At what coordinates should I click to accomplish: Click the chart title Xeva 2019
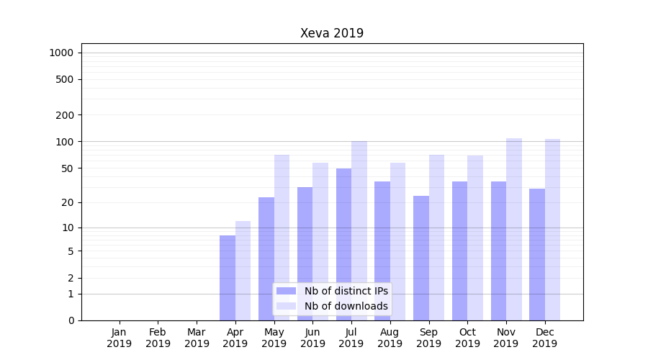point(331,34)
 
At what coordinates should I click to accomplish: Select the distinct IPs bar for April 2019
point(228,278)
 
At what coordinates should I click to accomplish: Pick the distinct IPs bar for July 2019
point(343,244)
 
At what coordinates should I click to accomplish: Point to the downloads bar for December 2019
point(552,230)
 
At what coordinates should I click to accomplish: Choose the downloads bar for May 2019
point(282,238)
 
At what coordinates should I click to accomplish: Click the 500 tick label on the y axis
point(65,79)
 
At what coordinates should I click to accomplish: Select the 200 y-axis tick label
point(65,115)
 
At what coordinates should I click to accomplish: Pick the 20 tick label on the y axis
point(67,202)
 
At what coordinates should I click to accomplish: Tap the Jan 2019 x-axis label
point(120,338)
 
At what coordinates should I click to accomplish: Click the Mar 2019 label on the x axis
point(197,338)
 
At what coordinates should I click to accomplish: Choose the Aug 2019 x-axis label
point(390,338)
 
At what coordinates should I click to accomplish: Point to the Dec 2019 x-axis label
point(545,338)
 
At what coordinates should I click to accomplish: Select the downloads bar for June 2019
point(320,241)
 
